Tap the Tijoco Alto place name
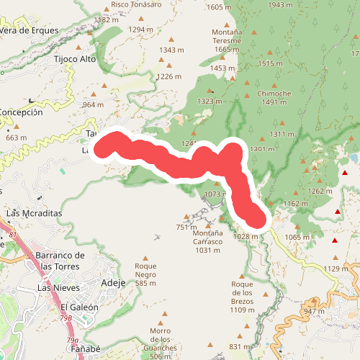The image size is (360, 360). coord(75,58)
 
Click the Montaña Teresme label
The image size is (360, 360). coord(226,40)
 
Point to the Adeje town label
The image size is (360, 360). coord(114,282)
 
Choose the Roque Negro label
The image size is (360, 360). coord(145,274)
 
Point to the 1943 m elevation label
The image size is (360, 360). coord(280,6)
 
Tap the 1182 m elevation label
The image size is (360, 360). coord(106,20)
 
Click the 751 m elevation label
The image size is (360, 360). coord(186,228)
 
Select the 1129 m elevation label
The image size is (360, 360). coord(341,269)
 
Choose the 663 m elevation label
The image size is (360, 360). coord(16,138)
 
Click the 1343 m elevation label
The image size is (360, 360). coord(173,50)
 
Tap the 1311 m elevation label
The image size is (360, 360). coord(281,134)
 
